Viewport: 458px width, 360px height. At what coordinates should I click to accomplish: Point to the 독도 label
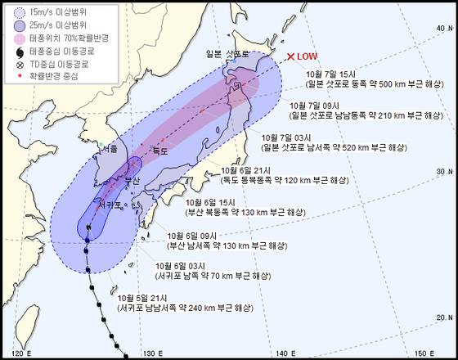click(159, 151)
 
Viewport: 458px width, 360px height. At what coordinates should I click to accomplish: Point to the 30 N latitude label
click(442, 171)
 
